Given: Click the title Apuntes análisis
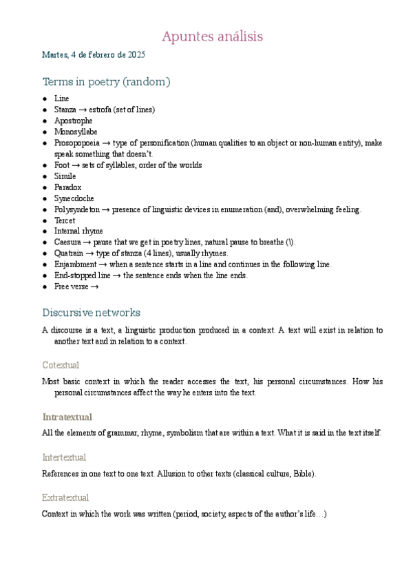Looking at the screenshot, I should click(212, 36).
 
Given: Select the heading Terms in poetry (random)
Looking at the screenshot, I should click(106, 82).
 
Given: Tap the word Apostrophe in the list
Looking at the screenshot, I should click(73, 121).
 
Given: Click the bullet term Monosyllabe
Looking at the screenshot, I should click(76, 132).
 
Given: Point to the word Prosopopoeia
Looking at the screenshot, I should click(76, 143).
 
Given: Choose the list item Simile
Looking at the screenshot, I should click(65, 176).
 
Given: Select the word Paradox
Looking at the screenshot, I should click(67, 187).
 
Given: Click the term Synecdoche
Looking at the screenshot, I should click(74, 198).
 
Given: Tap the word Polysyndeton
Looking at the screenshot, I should click(76, 209).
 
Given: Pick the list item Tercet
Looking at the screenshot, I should click(65, 220).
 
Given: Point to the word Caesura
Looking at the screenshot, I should click(68, 242).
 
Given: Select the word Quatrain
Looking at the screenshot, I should click(70, 253).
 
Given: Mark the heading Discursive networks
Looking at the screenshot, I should click(91, 312).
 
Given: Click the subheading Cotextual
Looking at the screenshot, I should click(61, 365).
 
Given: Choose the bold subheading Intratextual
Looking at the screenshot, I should click(67, 417).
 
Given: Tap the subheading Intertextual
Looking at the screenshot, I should click(64, 457).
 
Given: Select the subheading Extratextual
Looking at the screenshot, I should click(65, 497).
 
